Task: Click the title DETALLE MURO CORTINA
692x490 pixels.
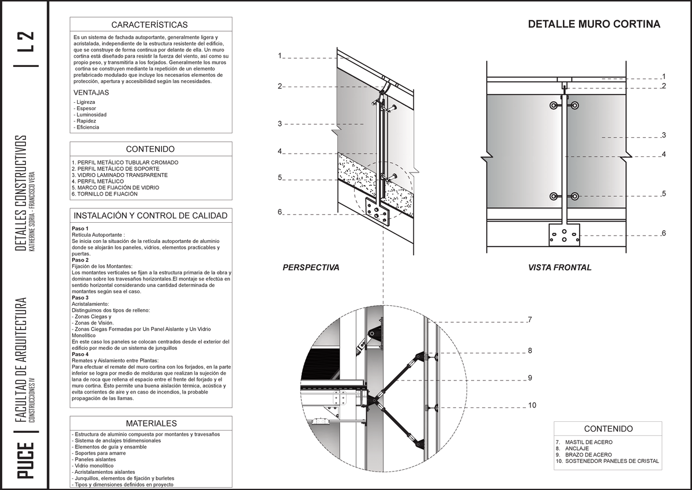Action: pyautogui.click(x=594, y=25)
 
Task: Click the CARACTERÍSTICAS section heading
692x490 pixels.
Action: pyautogui.click(x=150, y=25)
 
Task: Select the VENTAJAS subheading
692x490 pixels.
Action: pyautogui.click(x=91, y=92)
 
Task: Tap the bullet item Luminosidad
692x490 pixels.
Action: pyautogui.click(x=91, y=115)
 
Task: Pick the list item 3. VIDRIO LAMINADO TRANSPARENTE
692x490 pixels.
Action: pyautogui.click(x=119, y=175)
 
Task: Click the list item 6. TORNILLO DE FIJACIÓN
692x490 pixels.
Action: pyautogui.click(x=104, y=194)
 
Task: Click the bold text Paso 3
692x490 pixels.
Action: pyautogui.click(x=80, y=297)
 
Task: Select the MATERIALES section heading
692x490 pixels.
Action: pyautogui.click(x=151, y=424)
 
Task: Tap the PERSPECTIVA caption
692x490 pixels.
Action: pyautogui.click(x=310, y=268)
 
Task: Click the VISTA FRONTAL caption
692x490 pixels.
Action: pyautogui.click(x=559, y=268)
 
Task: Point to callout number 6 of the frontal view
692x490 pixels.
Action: pyautogui.click(x=664, y=233)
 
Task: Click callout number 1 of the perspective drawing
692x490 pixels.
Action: pyautogui.click(x=279, y=56)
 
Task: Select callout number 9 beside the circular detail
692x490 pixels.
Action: pyautogui.click(x=529, y=378)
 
